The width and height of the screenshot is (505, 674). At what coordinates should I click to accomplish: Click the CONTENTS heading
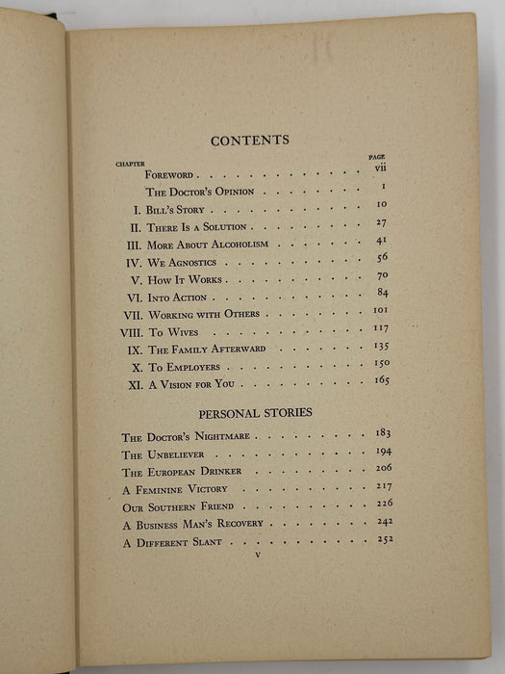click(249, 140)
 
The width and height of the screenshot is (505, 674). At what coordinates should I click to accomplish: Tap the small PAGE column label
click(377, 156)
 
